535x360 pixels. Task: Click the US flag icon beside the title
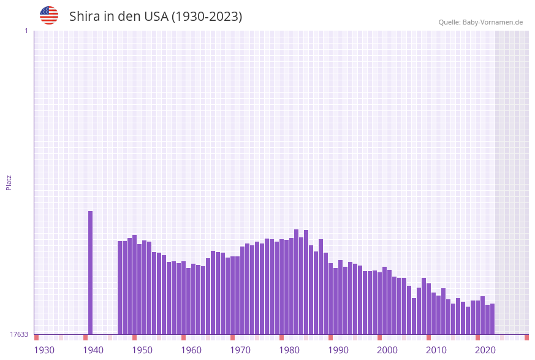pos(49,15)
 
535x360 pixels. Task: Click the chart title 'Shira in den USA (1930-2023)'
pos(156,17)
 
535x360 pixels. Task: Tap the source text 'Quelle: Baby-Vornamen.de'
pos(480,22)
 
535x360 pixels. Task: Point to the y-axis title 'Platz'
pos(9,182)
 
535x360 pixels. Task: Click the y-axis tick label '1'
pos(26,31)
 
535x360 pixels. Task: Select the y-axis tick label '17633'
pos(19,334)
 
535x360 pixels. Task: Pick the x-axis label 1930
pos(44,350)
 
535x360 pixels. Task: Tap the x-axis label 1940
pos(93,350)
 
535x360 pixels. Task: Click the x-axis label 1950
pos(142,350)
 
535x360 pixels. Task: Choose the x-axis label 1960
pos(191,350)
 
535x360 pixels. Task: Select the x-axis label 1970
pos(240,350)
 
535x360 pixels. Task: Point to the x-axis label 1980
pos(289,350)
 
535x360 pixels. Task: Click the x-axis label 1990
pos(338,350)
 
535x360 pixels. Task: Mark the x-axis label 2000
pos(387,350)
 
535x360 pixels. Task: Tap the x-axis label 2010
pos(436,350)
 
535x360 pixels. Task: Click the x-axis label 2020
pos(485,350)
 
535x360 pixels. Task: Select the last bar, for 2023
pos(492,319)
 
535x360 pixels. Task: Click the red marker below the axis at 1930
pos(37,337)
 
